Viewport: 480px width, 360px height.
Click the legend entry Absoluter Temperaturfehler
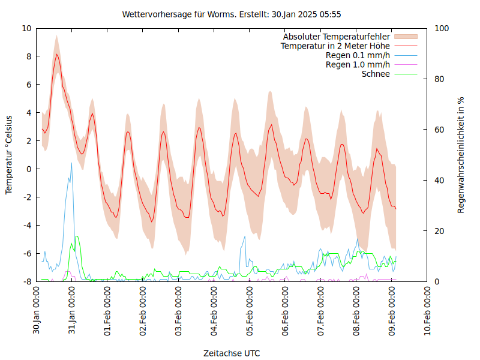[337, 37]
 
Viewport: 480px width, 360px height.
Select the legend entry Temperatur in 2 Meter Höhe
[335, 46]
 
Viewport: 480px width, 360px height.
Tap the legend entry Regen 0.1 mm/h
[358, 55]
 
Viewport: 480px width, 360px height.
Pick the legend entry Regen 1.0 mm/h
[358, 65]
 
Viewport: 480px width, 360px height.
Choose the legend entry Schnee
[376, 74]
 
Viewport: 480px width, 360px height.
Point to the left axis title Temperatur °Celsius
[9, 155]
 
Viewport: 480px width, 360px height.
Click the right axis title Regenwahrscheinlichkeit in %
[461, 155]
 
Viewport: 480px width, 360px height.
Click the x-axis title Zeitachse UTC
[232, 352]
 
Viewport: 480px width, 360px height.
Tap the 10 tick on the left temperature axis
[26, 28]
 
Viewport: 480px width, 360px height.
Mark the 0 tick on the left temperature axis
[29, 169]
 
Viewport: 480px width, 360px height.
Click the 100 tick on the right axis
[440, 28]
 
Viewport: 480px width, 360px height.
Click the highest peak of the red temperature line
[57, 54]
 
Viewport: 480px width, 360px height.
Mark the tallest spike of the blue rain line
[71, 163]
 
